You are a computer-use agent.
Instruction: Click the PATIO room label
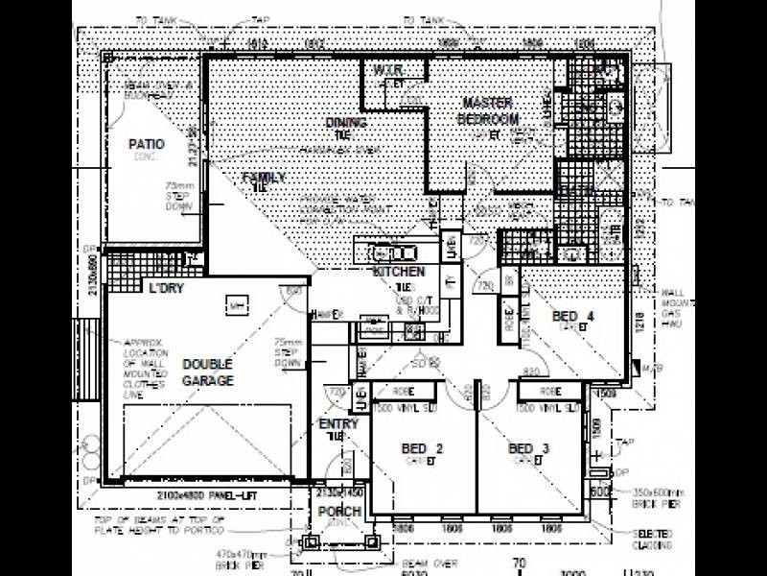click(147, 145)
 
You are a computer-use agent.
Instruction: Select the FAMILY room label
click(264, 178)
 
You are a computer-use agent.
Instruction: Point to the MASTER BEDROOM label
click(487, 110)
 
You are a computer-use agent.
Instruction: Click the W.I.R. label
click(387, 71)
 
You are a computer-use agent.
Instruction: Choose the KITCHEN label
click(399, 273)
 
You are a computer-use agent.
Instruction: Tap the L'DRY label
click(165, 288)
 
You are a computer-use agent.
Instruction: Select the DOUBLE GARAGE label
click(208, 372)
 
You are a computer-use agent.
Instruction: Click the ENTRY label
click(338, 424)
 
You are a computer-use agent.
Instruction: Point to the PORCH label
click(339, 512)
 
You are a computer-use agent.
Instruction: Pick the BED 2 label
click(422, 449)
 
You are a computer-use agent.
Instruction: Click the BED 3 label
click(528, 449)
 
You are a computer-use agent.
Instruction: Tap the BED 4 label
click(573, 317)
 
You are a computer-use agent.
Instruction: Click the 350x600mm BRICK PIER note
click(644, 496)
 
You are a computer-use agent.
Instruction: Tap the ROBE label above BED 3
click(549, 392)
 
